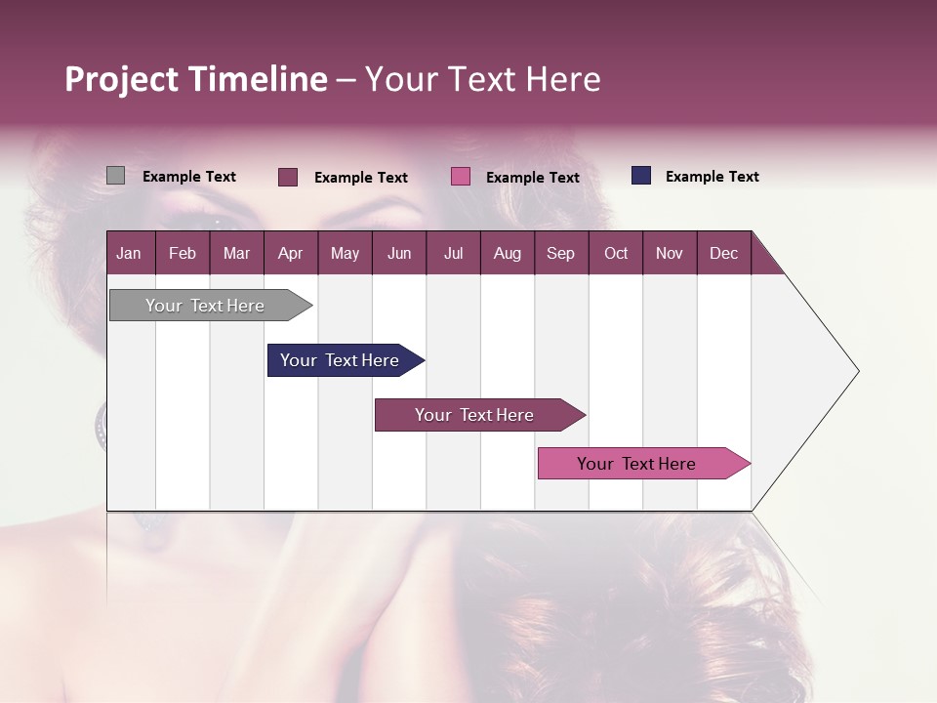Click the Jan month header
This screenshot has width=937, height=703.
pyautogui.click(x=129, y=253)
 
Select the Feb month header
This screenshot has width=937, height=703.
pyautogui.click(x=183, y=253)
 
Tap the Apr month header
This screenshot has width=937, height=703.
pyautogui.click(x=290, y=253)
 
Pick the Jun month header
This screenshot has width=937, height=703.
pyautogui.click(x=399, y=253)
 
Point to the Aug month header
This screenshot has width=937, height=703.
pyautogui.click(x=507, y=253)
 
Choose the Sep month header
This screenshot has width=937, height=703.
pyautogui.click(x=560, y=253)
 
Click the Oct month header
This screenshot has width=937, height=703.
pyautogui.click(x=616, y=253)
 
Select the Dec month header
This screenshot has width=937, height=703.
pyautogui.click(x=723, y=253)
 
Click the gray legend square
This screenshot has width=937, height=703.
pyautogui.click(x=115, y=176)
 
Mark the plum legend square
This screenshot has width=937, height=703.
pyautogui.click(x=288, y=177)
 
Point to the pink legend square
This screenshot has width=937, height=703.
pyautogui.click(x=461, y=177)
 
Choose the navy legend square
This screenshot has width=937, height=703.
pyautogui.click(x=641, y=176)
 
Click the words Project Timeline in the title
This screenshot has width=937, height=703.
pyautogui.click(x=196, y=79)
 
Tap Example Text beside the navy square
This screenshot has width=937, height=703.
pyautogui.click(x=712, y=177)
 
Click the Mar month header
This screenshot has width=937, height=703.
pyautogui.click(x=236, y=253)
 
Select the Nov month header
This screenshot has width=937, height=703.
pyautogui.click(x=669, y=253)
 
